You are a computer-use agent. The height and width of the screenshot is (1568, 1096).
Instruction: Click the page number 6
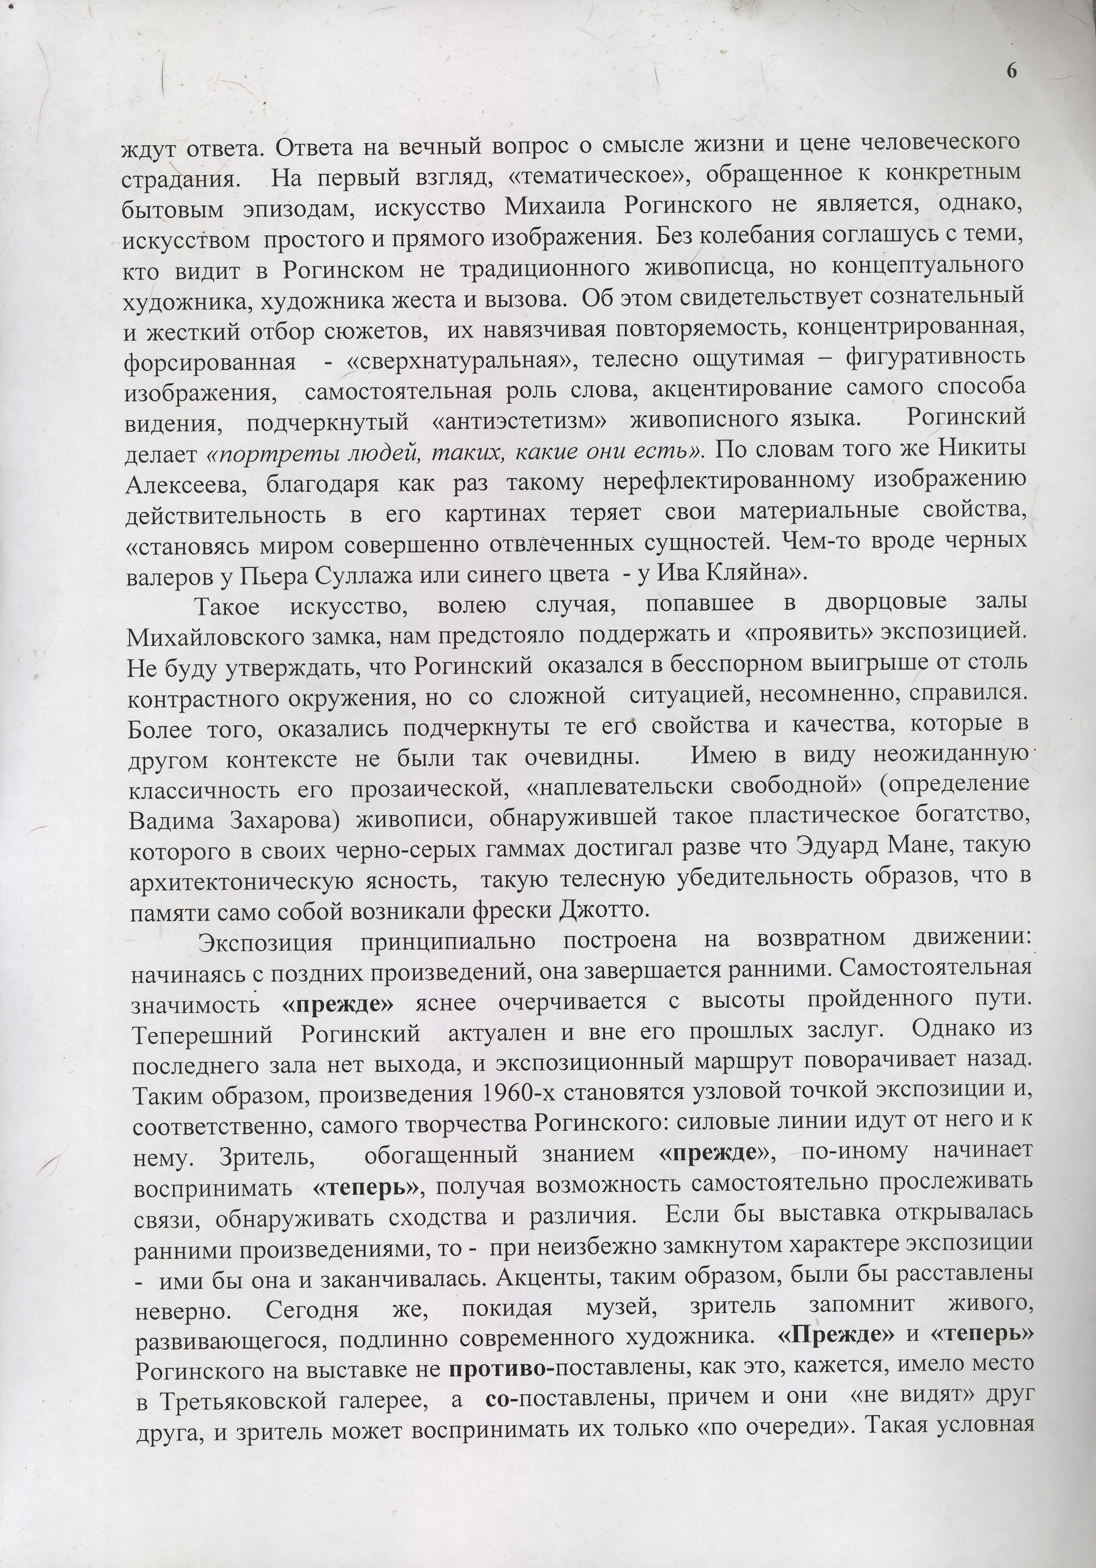point(1011,71)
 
